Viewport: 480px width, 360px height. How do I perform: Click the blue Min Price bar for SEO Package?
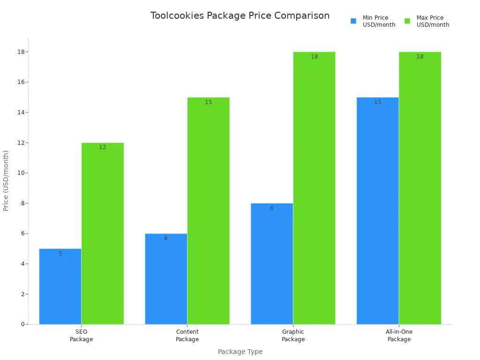[60, 286]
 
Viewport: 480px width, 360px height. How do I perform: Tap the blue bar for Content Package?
[166, 279]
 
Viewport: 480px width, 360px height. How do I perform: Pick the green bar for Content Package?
[209, 211]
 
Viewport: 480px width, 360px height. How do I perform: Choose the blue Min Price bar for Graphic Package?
[272, 263]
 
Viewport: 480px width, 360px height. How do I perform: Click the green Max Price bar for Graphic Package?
[314, 188]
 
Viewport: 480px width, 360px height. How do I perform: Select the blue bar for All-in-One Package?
[378, 211]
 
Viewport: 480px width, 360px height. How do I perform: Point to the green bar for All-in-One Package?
[420, 188]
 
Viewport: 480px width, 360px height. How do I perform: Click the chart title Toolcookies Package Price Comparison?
[240, 16]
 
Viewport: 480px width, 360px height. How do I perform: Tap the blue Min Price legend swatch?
[353, 21]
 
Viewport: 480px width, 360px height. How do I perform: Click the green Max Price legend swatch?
[407, 21]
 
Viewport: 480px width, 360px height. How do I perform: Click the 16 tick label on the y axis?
[21, 82]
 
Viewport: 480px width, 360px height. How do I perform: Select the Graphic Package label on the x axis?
[293, 336]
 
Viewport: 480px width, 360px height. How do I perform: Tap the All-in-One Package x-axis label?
[399, 336]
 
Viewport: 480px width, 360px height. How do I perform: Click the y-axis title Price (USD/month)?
[6, 180]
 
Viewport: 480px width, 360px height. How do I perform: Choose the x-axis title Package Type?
[240, 352]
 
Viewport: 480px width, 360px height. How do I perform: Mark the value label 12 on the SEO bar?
[103, 147]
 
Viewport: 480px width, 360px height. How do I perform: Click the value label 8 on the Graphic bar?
[271, 208]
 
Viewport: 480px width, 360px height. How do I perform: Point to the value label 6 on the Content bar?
[165, 238]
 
